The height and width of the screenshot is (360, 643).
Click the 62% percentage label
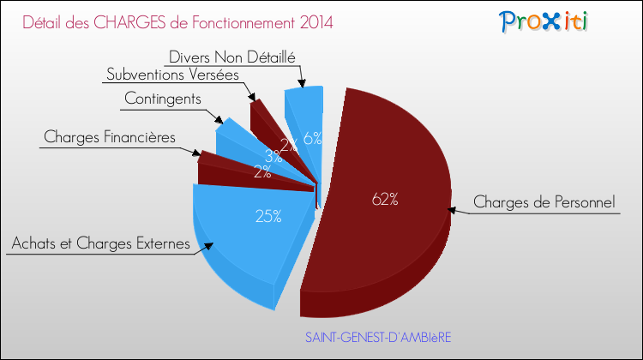385,199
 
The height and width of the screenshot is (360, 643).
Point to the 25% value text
268,216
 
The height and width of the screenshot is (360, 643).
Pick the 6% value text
312,139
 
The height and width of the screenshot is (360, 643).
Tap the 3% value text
273,156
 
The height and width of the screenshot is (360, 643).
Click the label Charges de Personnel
544,201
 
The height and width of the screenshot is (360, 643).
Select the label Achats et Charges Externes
101,243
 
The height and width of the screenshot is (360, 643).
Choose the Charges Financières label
110,137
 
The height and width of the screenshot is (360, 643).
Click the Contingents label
163,99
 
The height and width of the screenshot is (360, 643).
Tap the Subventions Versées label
172,75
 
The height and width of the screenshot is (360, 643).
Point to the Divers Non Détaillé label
232,57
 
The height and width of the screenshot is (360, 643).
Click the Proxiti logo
544,21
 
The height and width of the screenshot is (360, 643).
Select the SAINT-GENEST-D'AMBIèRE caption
378,338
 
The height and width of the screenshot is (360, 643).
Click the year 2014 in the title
316,22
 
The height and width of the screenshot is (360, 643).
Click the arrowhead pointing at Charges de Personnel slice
452,210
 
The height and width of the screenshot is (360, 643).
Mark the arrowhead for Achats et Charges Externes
208,246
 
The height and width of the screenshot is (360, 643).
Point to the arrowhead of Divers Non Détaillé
303,83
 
